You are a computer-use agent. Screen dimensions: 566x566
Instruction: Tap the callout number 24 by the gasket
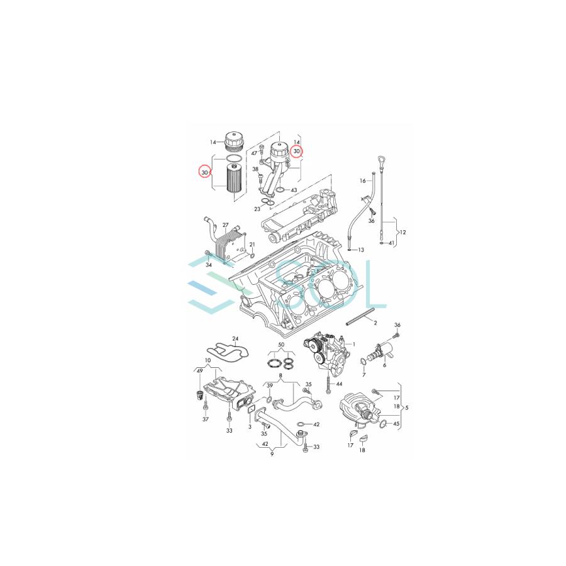click(235, 338)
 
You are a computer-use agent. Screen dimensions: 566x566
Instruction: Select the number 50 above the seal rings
click(280, 347)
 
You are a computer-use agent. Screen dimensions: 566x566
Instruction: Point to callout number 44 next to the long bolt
click(339, 384)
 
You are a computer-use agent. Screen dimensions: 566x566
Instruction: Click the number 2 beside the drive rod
click(375, 323)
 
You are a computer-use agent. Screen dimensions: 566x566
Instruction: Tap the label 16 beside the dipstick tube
click(363, 180)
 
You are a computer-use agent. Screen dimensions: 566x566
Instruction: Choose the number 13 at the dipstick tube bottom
click(361, 250)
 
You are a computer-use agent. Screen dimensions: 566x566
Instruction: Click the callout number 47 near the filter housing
click(255, 153)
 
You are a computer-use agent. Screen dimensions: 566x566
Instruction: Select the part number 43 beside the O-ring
click(294, 190)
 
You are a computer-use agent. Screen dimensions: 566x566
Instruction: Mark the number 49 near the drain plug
click(199, 372)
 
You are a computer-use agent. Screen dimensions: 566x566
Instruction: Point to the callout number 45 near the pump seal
click(396, 424)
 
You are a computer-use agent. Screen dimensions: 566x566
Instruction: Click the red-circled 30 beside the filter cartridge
click(204, 172)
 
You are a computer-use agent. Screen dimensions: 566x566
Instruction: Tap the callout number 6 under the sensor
click(384, 365)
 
